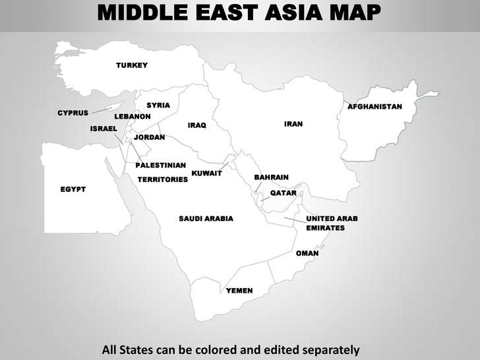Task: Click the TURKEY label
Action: [132, 65]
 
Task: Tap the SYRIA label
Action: [158, 105]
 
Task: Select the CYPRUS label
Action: [73, 113]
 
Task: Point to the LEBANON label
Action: [133, 117]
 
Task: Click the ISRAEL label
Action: [104, 128]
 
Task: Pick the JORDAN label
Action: [150, 137]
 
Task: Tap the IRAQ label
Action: [197, 125]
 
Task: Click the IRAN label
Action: [293, 123]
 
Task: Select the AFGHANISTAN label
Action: [375, 106]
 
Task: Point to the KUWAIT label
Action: [206, 173]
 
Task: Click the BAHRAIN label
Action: [272, 178]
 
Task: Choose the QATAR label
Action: [284, 193]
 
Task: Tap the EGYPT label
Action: [73, 189]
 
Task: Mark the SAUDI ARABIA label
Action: [206, 218]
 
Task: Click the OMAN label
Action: [307, 253]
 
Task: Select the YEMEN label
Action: [239, 291]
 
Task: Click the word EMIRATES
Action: [325, 228]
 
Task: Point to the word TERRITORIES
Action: [163, 179]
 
